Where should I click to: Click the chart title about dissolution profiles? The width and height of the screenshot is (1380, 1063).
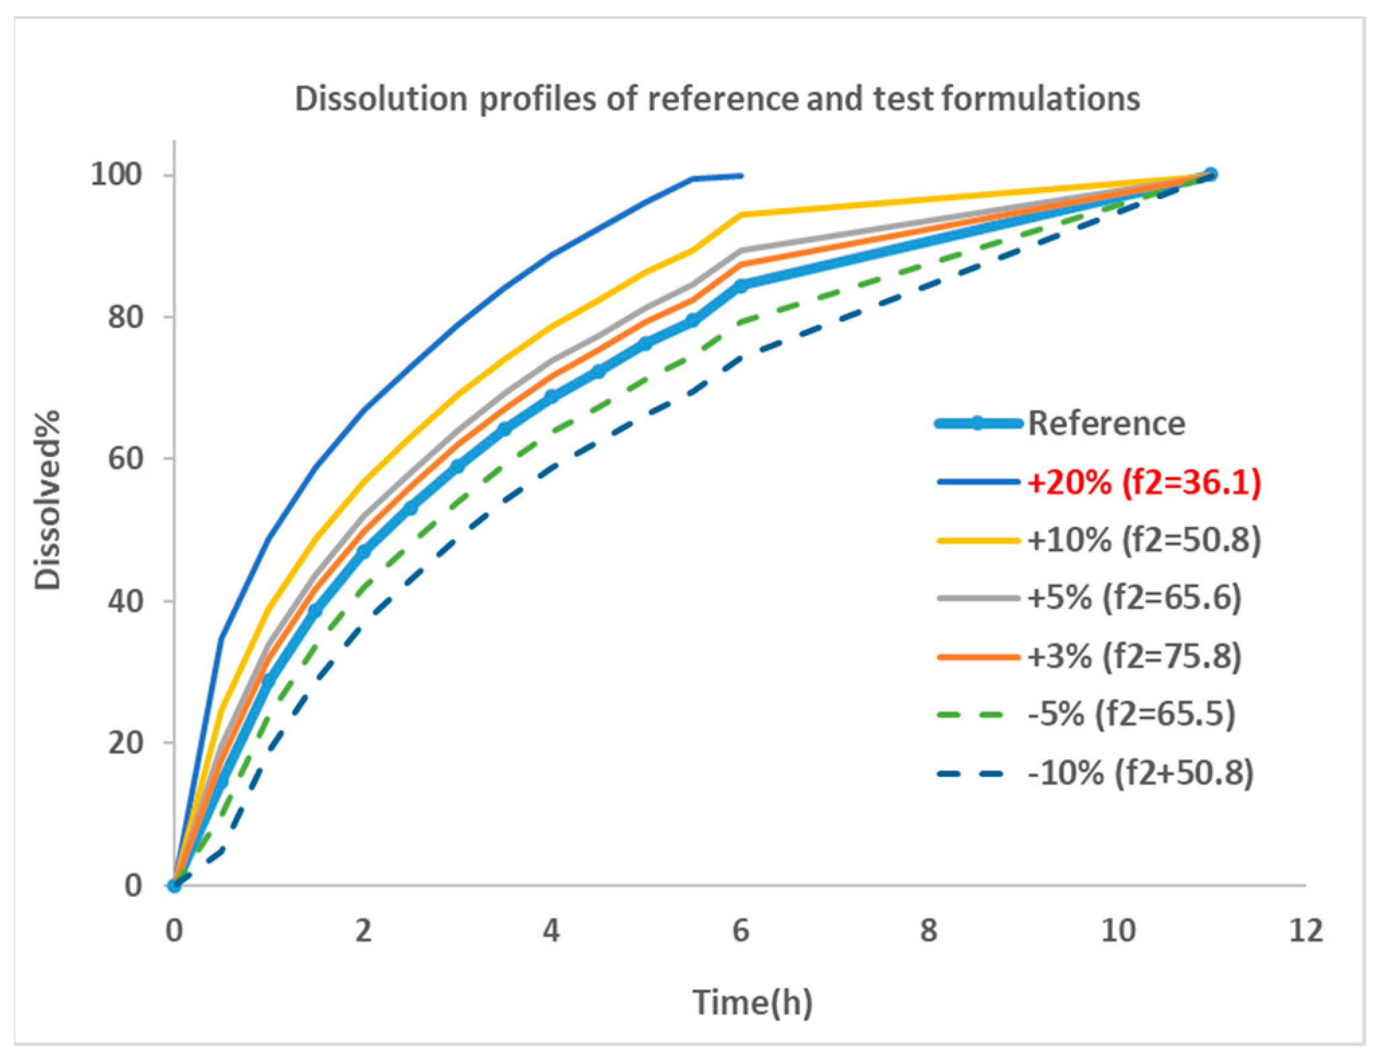click(x=717, y=99)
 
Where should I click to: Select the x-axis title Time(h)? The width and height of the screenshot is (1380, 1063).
click(x=752, y=1003)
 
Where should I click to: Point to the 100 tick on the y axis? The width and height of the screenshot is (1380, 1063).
click(x=116, y=175)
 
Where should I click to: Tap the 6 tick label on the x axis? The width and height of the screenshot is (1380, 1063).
click(x=740, y=931)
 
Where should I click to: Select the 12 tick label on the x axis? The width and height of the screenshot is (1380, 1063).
click(x=1305, y=931)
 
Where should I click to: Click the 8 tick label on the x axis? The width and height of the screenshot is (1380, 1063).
click(x=929, y=931)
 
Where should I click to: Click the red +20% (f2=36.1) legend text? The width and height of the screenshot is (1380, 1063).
click(x=1144, y=482)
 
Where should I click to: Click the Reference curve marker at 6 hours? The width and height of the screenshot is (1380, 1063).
click(x=741, y=286)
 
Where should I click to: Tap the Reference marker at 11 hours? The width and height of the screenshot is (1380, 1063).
click(x=1211, y=174)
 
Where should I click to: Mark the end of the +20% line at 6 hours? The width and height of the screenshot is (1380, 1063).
click(x=741, y=175)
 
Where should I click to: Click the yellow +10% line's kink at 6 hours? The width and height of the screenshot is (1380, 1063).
click(x=741, y=214)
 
